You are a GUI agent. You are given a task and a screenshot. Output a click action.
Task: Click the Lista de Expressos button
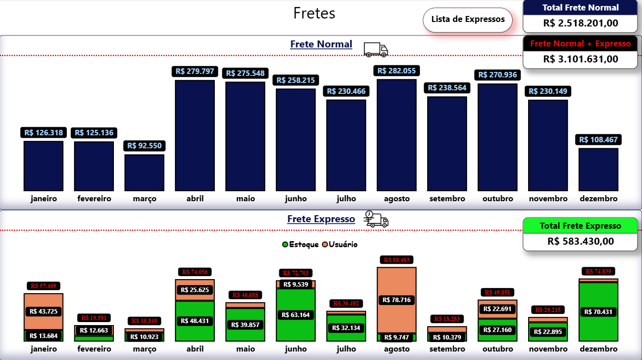[468, 20]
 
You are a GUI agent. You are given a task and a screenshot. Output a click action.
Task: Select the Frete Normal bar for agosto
[396, 135]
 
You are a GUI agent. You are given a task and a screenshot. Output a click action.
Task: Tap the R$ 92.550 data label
[144, 146]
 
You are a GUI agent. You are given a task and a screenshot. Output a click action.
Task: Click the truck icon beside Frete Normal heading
[376, 49]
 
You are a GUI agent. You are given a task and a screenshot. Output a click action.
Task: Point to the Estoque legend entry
[300, 245]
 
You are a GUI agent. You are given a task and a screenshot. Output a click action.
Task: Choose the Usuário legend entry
[340, 245]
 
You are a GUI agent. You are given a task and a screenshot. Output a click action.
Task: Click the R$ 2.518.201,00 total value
[581, 23]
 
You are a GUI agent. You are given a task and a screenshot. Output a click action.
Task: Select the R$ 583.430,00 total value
[581, 241]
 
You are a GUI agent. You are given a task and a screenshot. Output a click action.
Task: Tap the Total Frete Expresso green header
[581, 226]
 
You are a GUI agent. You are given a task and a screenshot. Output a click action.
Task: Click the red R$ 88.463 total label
[396, 260]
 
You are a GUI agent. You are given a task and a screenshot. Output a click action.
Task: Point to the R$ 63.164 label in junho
[295, 315]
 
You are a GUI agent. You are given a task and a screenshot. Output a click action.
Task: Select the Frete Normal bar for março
[144, 173]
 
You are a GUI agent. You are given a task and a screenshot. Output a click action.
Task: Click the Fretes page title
[314, 13]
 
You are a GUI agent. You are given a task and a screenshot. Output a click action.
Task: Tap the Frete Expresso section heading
[321, 219]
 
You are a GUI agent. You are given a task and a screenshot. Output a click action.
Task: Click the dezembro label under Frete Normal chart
[599, 199]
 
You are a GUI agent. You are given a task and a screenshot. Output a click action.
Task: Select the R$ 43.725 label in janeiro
[43, 311]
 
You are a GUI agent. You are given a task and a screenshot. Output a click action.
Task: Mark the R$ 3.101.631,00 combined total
[581, 59]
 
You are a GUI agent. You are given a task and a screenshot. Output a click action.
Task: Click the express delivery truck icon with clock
[376, 219]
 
